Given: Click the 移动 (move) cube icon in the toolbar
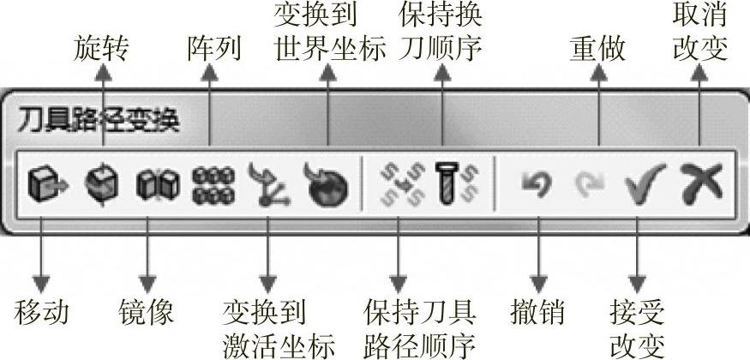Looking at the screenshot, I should [42, 183].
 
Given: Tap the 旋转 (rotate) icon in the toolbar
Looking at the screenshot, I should [100, 183].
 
